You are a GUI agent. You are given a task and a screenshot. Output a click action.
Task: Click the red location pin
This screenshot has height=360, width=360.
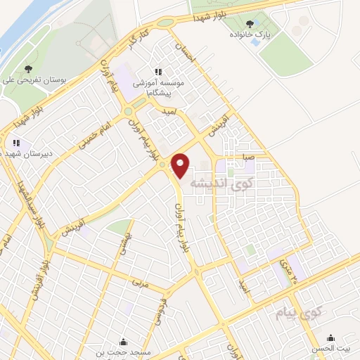pos(181,165)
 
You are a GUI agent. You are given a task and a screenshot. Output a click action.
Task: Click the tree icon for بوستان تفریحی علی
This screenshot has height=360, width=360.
pos(27,69)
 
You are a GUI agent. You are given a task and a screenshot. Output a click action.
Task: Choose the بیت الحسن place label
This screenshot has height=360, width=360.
pos(330,349)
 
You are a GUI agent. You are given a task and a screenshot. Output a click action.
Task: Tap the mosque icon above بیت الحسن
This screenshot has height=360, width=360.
pos(330,337)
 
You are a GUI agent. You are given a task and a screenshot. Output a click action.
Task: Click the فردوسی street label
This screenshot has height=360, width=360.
pos(165,309)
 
